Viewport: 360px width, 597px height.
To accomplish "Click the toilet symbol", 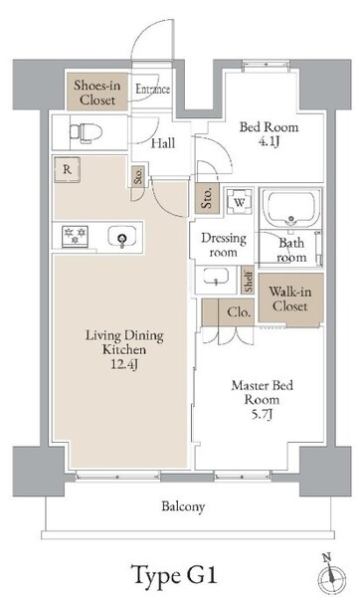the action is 86,133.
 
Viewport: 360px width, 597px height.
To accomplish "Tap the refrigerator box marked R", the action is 67,170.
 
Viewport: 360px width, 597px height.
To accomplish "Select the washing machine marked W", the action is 240,202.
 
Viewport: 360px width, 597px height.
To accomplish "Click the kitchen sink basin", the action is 121,237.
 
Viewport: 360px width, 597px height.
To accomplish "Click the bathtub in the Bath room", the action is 291,209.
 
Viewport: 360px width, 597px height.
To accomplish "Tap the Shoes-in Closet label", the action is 97,93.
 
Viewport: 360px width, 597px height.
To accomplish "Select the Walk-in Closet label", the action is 290,298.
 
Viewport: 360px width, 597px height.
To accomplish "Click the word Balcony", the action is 183,506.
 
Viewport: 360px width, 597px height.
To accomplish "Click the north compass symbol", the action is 332,575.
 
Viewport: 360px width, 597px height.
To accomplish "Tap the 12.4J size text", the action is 124,364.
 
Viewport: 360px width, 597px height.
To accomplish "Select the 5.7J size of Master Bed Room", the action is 262,414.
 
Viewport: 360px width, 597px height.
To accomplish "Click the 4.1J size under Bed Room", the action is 270,142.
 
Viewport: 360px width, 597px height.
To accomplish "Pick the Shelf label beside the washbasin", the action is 248,281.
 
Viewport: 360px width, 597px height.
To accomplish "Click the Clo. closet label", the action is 239,312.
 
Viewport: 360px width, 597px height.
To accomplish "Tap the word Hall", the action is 163,143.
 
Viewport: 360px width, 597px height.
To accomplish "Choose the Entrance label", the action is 153,90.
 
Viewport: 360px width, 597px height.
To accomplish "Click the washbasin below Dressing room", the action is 216,277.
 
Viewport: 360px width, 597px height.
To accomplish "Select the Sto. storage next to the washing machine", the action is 207,198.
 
